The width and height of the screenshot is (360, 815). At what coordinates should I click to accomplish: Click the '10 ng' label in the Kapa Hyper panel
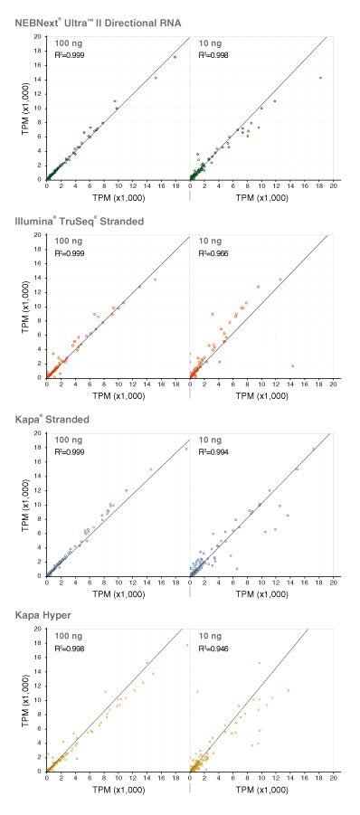point(208,639)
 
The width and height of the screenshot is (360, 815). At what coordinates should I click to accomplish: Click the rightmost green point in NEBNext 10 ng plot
point(320,78)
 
